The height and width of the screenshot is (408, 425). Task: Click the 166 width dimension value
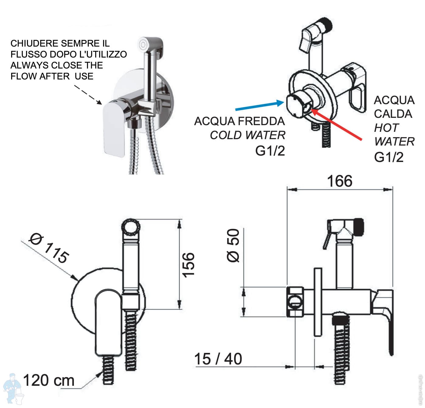[340, 181]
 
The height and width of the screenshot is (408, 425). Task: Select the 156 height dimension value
[188, 264]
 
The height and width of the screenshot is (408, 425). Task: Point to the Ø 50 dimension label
[234, 245]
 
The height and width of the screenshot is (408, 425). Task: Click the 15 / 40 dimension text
[218, 359]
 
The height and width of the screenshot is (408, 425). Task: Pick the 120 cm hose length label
[49, 381]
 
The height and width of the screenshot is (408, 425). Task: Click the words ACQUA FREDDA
[240, 121]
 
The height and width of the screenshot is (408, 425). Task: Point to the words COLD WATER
[247, 135]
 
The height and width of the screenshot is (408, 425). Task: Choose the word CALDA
[393, 114]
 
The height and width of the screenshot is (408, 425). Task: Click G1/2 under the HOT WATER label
[389, 157]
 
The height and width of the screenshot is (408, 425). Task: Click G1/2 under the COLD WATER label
[270, 151]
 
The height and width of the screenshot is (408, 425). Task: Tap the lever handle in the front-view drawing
[108, 323]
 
